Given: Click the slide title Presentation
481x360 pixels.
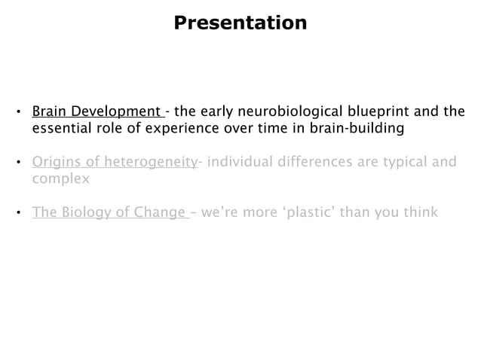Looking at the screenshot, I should pos(240,23).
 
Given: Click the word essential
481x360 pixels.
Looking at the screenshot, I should pos(62,129).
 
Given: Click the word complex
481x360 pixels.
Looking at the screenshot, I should pos(60,179).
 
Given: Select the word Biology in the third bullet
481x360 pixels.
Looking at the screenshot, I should pos(84,212).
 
